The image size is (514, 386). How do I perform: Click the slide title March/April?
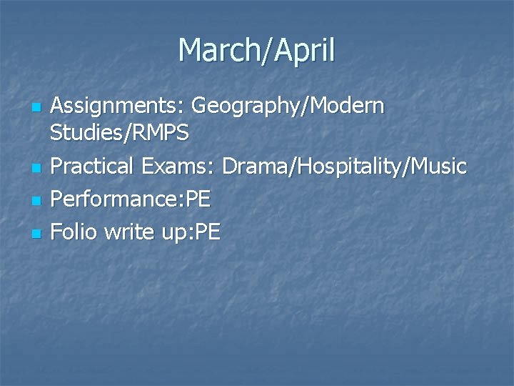257,51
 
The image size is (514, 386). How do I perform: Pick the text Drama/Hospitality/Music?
344,167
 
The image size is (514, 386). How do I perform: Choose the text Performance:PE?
131,199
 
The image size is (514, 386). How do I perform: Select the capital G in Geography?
201,107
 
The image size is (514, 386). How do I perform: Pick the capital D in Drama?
231,167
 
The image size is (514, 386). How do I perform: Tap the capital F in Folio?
57,231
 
